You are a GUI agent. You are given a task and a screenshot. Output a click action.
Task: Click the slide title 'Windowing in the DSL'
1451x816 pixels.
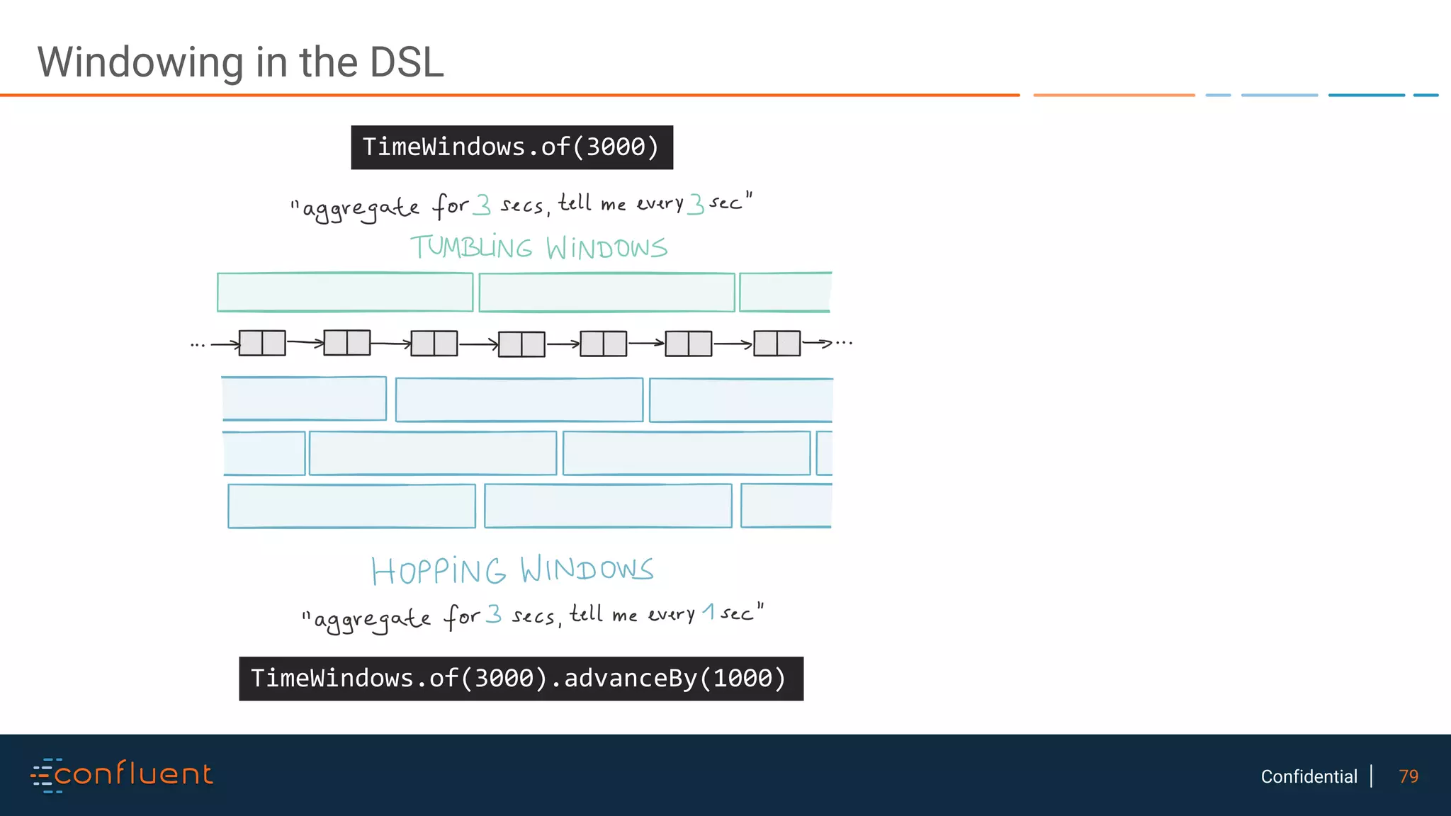point(240,62)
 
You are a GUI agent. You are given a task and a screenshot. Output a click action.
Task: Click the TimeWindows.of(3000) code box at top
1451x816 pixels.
point(512,147)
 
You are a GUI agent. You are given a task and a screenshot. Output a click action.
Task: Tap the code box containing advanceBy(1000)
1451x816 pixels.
point(521,679)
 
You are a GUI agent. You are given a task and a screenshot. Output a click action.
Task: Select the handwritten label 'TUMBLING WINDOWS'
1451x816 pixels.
point(538,248)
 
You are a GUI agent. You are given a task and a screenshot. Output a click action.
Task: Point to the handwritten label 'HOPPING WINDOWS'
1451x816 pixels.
point(512,570)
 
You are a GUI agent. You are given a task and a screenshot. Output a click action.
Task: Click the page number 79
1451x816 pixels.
point(1408,776)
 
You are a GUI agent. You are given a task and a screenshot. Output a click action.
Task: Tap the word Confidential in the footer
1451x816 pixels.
point(1309,776)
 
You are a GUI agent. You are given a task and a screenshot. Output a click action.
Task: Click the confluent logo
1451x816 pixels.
point(122,774)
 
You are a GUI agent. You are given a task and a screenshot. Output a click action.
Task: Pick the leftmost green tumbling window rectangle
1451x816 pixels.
point(345,292)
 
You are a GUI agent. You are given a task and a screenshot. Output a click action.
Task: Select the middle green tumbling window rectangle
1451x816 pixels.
point(606,292)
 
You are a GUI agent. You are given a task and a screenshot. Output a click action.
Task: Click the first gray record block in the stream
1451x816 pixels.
point(262,343)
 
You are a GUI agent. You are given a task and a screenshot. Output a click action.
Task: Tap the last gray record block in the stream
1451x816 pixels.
point(777,343)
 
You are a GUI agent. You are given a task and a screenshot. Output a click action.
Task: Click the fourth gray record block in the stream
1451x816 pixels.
point(521,344)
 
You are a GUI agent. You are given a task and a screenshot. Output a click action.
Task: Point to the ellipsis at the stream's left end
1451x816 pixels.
point(198,345)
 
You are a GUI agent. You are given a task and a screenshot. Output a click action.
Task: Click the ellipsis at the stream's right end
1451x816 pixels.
point(844,343)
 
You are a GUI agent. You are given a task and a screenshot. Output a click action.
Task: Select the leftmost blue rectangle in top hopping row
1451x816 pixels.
point(304,399)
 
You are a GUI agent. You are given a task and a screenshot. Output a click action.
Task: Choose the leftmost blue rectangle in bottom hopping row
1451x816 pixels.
point(351,506)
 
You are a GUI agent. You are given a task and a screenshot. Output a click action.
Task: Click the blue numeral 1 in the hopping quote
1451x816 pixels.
point(708,611)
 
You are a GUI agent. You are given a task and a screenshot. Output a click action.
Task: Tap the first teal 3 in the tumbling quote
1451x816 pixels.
point(482,204)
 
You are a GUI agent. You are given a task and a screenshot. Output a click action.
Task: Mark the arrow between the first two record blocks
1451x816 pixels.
point(305,343)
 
